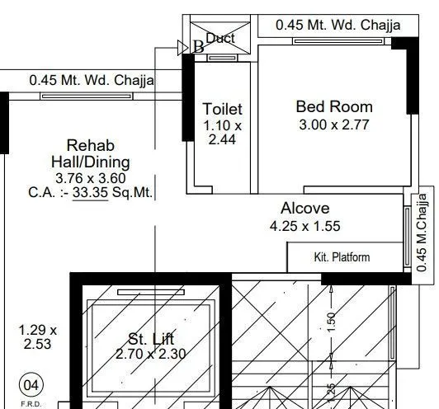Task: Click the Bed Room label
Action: point(334,106)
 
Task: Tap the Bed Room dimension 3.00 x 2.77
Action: point(334,125)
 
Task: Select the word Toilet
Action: point(223,109)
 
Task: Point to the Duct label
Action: point(220,38)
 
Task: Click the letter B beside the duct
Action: point(198,47)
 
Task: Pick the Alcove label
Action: point(304,208)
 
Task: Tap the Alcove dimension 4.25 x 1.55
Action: point(304,225)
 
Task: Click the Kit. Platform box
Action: point(342,257)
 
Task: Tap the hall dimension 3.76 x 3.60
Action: point(90,178)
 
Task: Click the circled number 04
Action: point(31,384)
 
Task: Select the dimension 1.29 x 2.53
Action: point(38,336)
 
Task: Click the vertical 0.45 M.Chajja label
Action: point(422,232)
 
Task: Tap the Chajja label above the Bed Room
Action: point(338,25)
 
